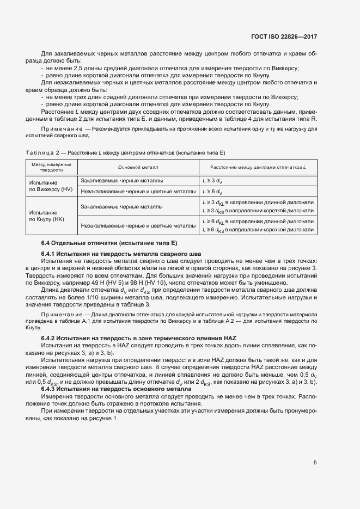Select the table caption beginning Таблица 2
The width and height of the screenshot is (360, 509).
click(x=125, y=153)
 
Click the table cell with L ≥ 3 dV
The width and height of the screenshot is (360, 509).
click(x=212, y=180)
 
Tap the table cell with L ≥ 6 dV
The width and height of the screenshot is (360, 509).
click(x=212, y=192)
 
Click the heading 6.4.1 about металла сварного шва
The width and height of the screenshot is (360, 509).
click(x=121, y=254)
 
